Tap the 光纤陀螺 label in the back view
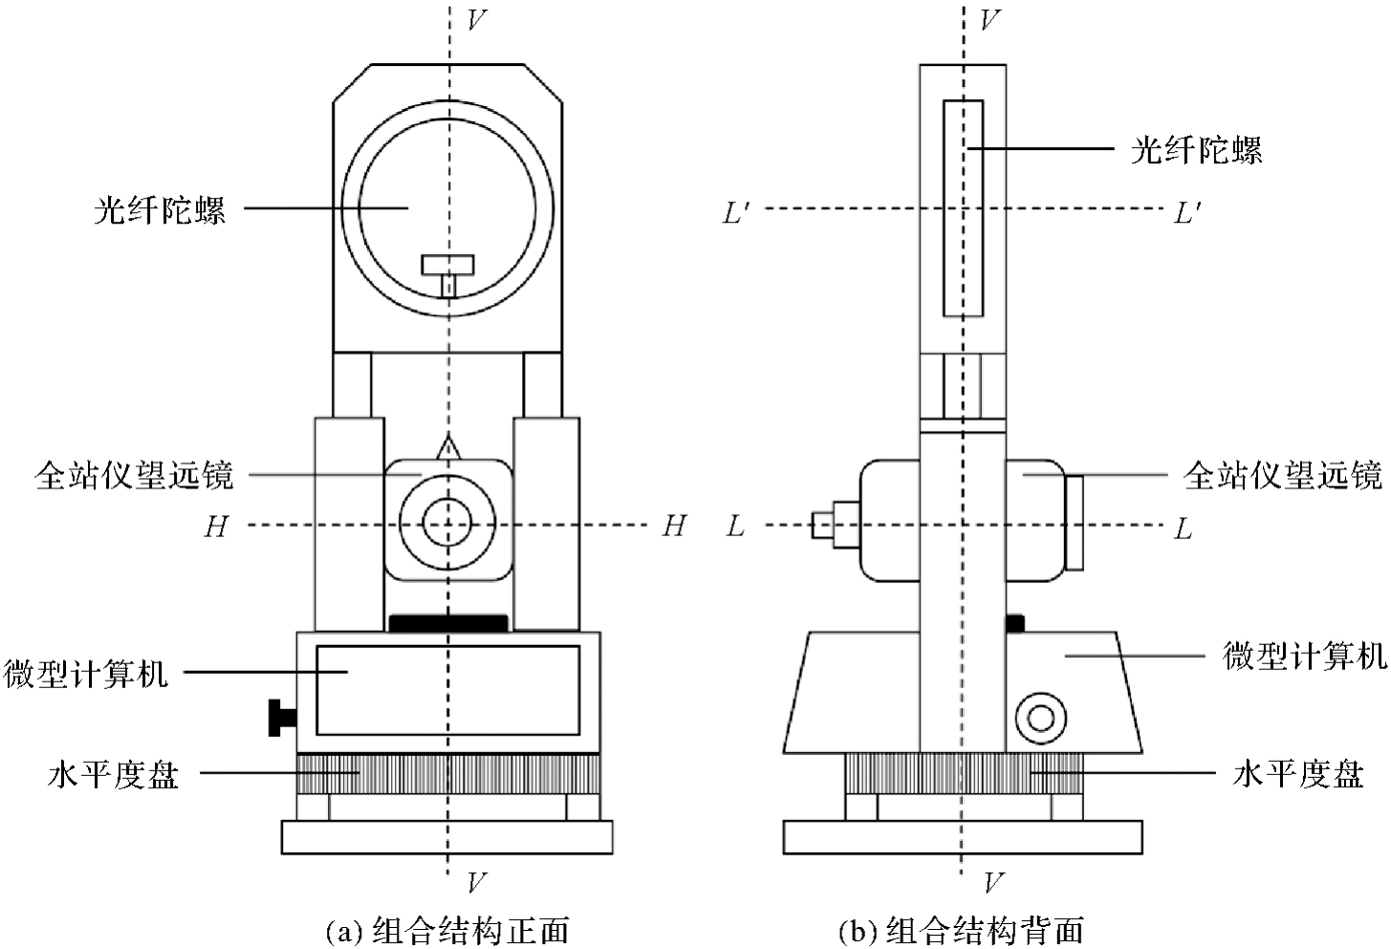coord(1196,150)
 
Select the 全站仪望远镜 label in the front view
coord(134,475)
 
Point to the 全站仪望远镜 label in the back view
coord(1283,475)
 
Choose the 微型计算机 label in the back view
coord(1304,657)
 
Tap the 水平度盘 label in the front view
coord(113,774)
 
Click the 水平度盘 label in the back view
coord(1297,774)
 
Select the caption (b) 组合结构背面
coord(961,929)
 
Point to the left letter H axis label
coord(215,527)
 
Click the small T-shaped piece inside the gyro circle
coord(447,271)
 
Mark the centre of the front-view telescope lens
coord(447,525)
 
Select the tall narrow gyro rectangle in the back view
coord(963,207)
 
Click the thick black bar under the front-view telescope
coord(447,623)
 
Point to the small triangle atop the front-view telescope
coord(447,448)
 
